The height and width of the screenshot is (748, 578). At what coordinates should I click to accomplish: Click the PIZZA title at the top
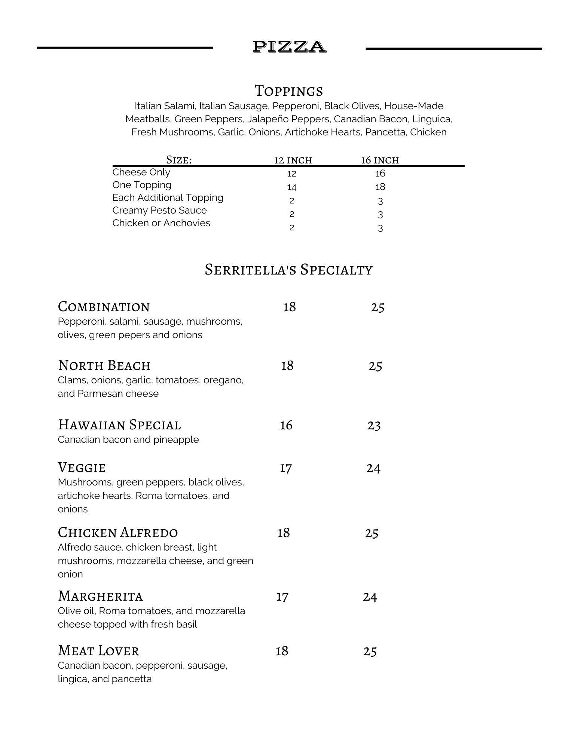point(289,47)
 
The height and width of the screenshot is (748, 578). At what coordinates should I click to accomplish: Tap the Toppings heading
point(288,91)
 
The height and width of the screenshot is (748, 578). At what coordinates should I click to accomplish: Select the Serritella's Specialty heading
point(288,270)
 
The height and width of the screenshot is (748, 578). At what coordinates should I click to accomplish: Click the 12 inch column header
point(293,160)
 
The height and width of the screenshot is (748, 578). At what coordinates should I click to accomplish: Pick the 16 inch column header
point(380,160)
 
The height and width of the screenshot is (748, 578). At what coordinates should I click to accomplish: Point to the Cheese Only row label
point(141,172)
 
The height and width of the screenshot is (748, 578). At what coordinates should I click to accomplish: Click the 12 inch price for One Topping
point(292,187)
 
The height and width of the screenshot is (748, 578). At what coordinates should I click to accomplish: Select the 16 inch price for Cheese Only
point(380,174)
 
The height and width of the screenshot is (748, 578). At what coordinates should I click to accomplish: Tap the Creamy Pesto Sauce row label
point(159,211)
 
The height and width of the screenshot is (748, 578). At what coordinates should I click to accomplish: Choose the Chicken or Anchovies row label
point(161,223)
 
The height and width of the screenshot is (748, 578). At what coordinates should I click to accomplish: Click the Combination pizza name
point(104,307)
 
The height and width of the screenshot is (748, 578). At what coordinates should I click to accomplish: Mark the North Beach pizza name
point(104,365)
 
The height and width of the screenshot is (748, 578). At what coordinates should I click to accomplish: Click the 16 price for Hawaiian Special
point(286,425)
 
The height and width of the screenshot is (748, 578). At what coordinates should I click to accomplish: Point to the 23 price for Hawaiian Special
point(374,426)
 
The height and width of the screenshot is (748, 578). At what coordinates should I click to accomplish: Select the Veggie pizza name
point(82,468)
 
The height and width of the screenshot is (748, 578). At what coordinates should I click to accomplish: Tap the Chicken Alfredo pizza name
point(118,533)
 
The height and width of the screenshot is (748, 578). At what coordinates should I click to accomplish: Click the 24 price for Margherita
point(370,597)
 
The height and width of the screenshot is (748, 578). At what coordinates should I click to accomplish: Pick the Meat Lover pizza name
point(98,651)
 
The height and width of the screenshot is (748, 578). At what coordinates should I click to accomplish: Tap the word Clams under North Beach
point(71,380)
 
